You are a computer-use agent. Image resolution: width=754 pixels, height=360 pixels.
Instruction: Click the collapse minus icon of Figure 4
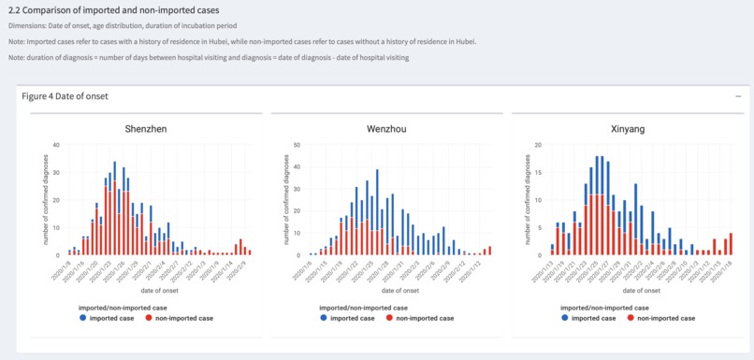pyautogui.click(x=738, y=96)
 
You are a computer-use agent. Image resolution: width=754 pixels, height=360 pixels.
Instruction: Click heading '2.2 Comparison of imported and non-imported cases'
pyautogui.click(x=113, y=10)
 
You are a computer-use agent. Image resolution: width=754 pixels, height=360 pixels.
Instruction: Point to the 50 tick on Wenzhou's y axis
pyautogui.click(x=297, y=145)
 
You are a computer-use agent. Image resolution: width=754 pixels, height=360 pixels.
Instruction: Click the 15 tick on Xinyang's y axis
pyautogui.click(x=539, y=173)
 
